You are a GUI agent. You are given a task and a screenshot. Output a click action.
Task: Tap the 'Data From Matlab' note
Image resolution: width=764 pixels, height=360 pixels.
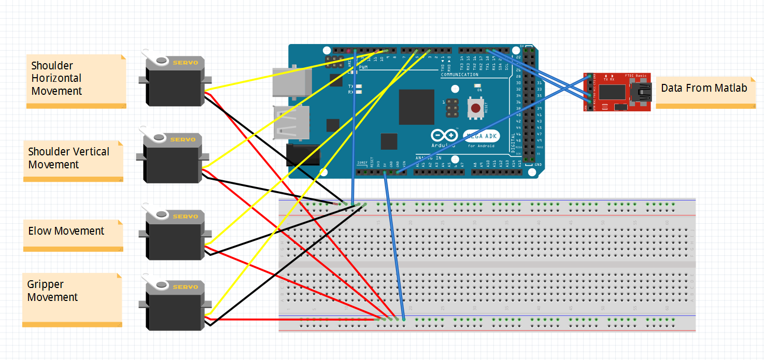pos(704,88)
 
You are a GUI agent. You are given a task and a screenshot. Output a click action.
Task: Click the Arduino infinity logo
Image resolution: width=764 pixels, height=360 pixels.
pos(444,135)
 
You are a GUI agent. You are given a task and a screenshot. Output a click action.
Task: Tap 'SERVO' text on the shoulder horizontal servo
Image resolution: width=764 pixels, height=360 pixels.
pos(185,63)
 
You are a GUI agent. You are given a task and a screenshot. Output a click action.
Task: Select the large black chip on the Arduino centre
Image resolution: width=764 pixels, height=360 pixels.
pos(416,107)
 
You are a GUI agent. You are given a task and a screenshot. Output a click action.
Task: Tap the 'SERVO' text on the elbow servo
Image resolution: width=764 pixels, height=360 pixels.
pos(185,217)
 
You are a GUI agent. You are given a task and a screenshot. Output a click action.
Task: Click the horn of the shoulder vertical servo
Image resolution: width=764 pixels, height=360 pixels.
pos(154,138)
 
